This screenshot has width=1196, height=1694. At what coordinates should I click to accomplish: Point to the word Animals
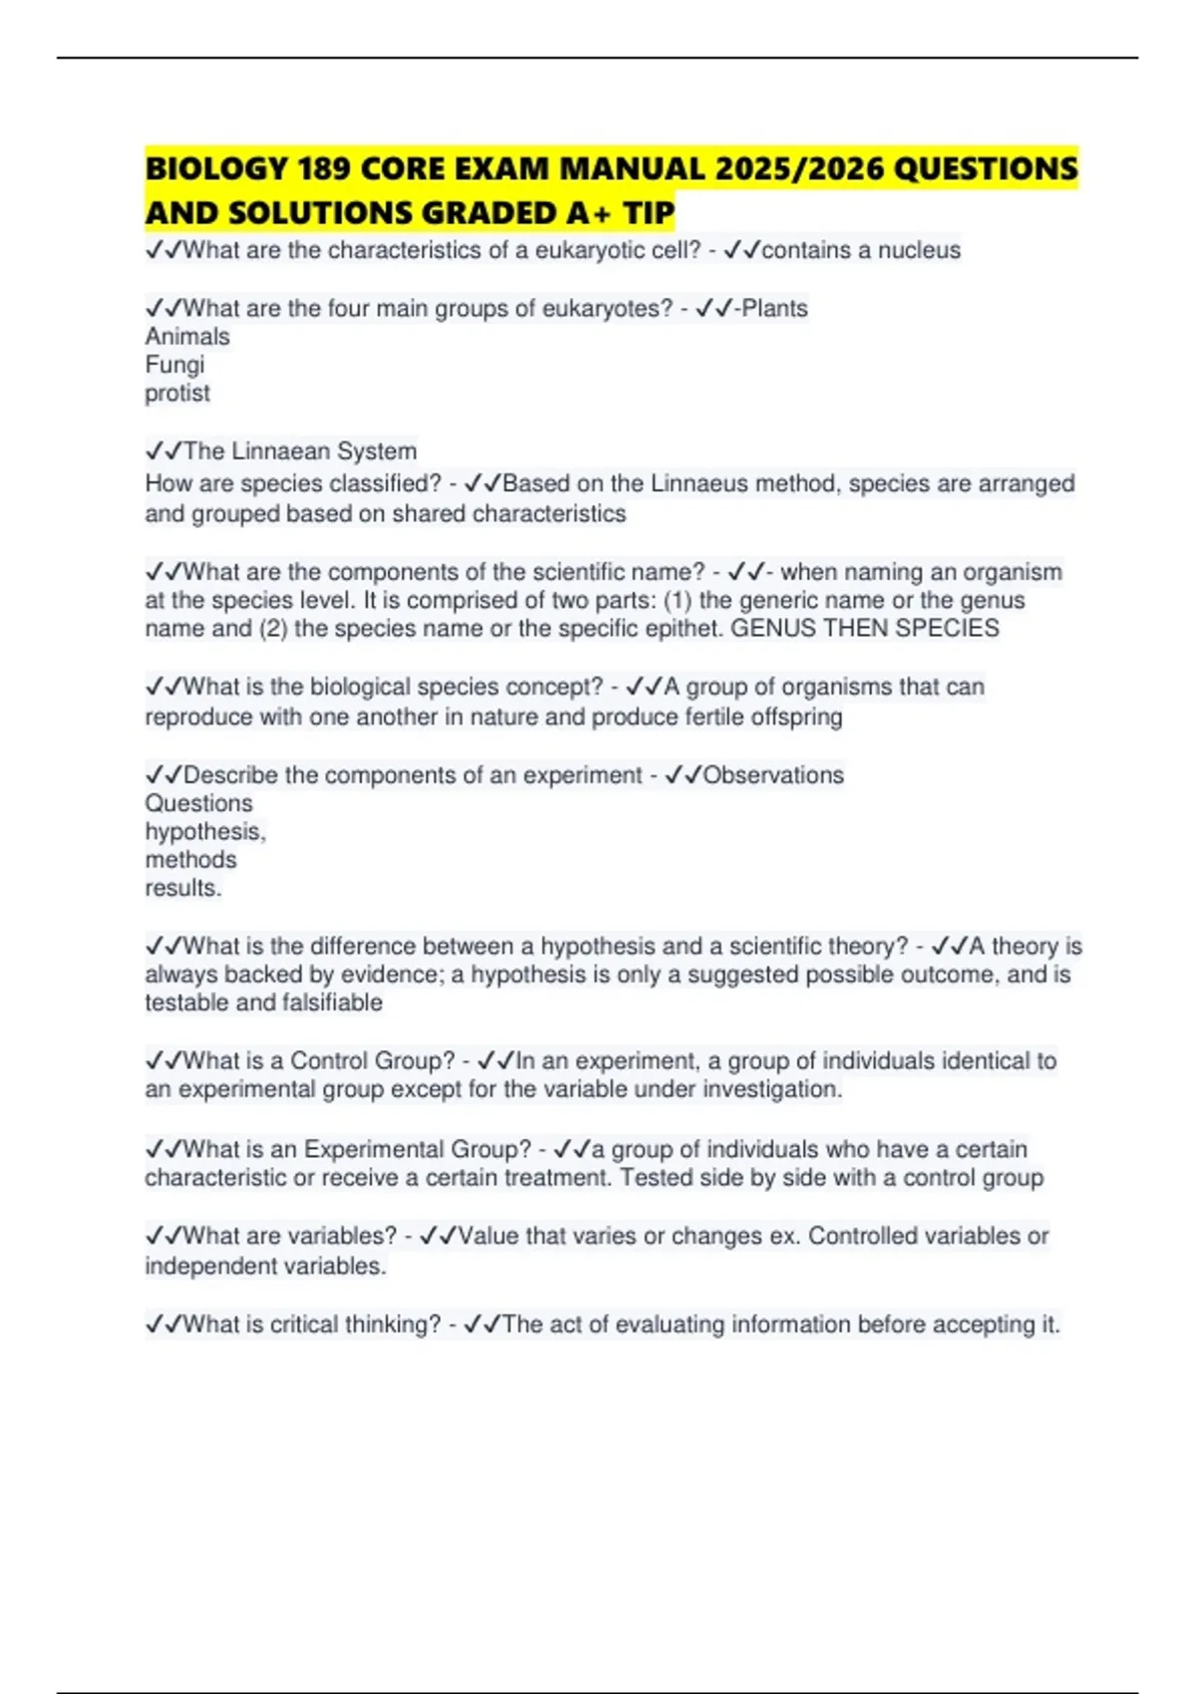(187, 337)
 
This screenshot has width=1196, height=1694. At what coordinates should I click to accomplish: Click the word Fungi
(174, 365)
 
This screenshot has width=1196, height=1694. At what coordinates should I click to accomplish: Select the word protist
(177, 394)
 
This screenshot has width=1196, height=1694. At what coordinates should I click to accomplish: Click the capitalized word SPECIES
(947, 629)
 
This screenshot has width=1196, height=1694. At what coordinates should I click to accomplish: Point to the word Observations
(773, 775)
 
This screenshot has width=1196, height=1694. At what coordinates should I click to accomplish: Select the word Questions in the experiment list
(198, 803)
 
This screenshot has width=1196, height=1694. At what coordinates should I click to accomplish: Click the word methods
(190, 860)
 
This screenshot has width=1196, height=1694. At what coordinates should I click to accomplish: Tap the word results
(182, 888)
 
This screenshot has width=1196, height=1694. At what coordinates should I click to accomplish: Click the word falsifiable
(325, 1002)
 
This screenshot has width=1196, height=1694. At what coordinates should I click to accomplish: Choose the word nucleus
(919, 250)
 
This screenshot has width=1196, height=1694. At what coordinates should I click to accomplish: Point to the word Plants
(774, 309)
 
